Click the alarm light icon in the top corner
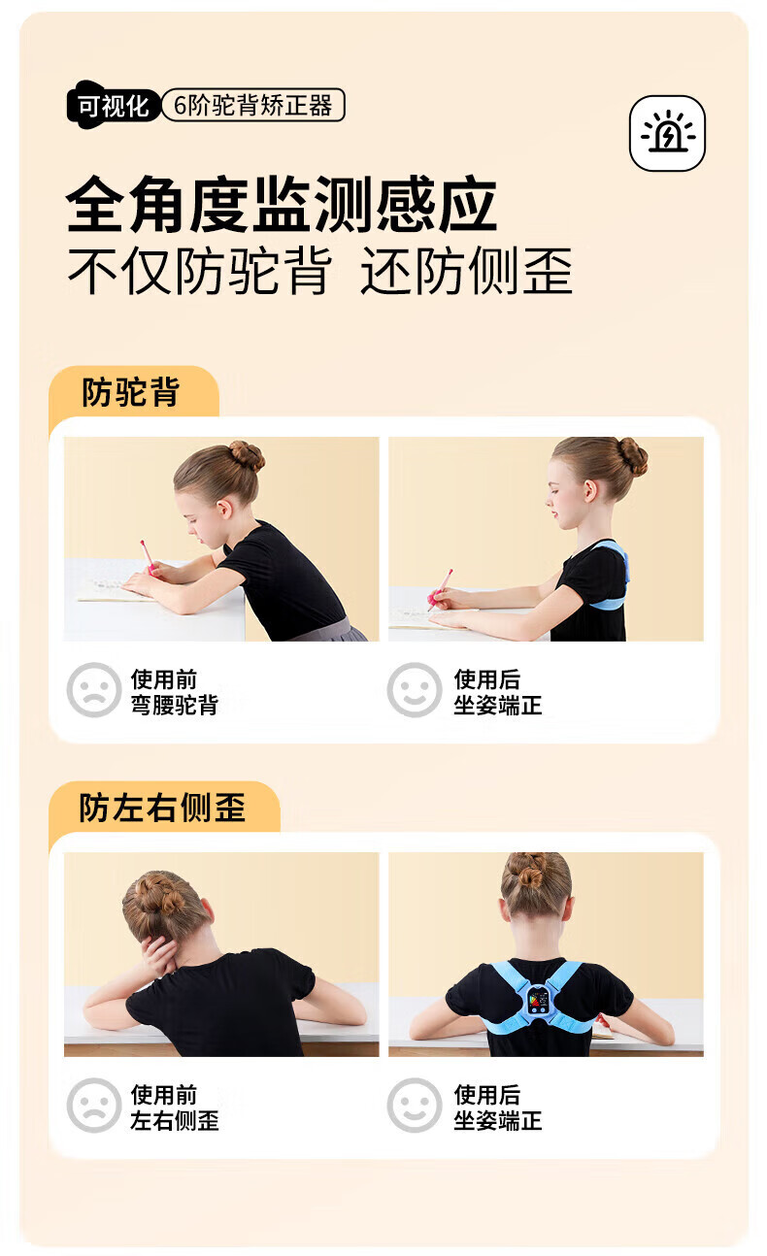pos(667,133)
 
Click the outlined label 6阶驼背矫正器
pos(252,105)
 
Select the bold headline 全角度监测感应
pos(282,204)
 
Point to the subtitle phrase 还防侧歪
pos(466,271)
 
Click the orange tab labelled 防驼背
pos(134,391)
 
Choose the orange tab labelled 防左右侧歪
pos(164,808)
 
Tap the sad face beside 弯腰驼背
pos(93,690)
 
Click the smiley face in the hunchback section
pos(415,690)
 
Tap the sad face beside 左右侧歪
pos(93,1106)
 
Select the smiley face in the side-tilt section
pos(415,1106)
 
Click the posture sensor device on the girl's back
pos(538,999)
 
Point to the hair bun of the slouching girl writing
pos(247,454)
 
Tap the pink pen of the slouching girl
pos(148,558)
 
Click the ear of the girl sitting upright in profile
pos(589,490)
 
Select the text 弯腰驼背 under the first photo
pos(175,705)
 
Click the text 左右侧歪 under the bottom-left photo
pos(175,1121)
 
